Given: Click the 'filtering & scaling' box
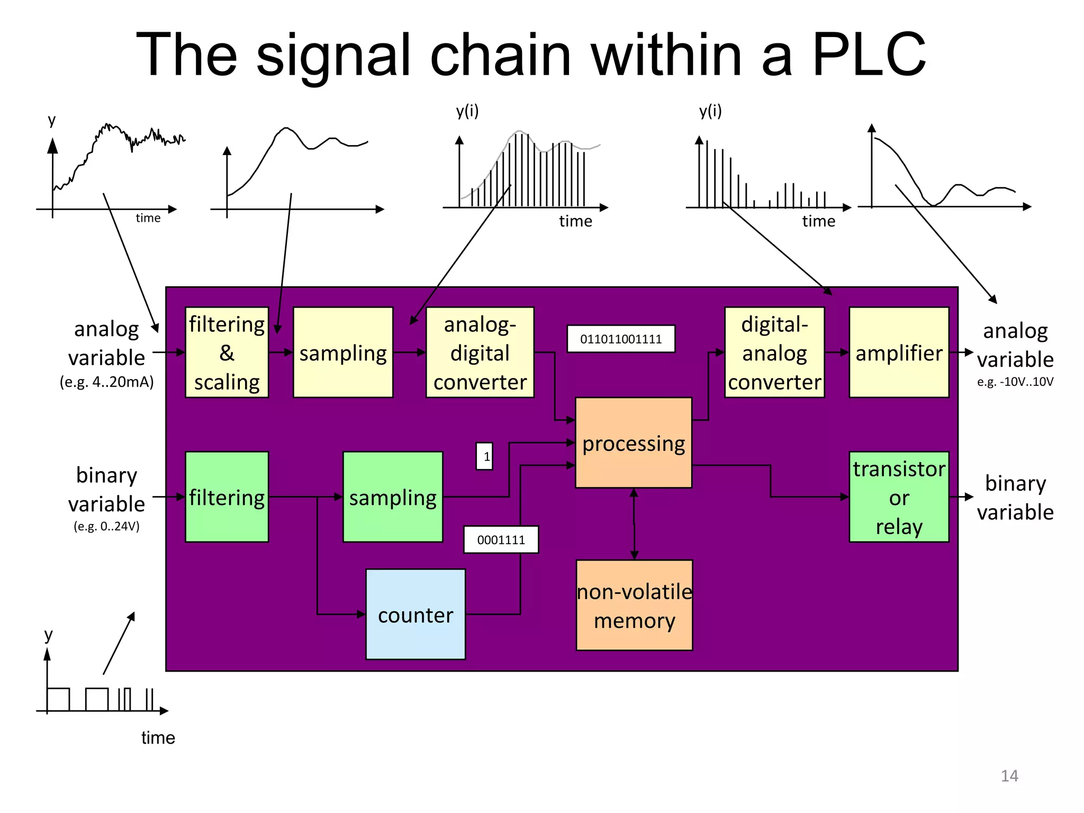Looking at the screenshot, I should (227, 353).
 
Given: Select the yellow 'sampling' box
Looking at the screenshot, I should (343, 353).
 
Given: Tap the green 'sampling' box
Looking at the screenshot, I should (393, 497).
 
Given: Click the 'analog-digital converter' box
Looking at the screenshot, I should (480, 353).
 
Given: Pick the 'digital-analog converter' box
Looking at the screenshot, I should (774, 353).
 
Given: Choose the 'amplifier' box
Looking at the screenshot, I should (899, 353).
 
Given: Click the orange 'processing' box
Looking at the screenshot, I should (634, 443).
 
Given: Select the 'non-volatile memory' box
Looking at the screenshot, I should (634, 606).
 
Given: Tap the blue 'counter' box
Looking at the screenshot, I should (415, 615).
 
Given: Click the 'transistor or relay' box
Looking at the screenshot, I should (899, 497).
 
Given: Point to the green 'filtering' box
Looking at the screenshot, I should (227, 497).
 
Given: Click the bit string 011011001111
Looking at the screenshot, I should (621, 339).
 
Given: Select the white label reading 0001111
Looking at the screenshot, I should (501, 540).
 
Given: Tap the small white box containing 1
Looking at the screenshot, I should (485, 456).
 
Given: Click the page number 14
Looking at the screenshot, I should (1009, 776).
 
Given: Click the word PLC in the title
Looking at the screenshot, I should (869, 55).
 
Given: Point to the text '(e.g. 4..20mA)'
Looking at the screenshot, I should (106, 382).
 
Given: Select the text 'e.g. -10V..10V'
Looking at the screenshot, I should (1015, 382).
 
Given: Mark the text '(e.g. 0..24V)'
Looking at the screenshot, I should (106, 526).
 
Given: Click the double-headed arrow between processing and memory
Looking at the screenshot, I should (634, 524).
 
